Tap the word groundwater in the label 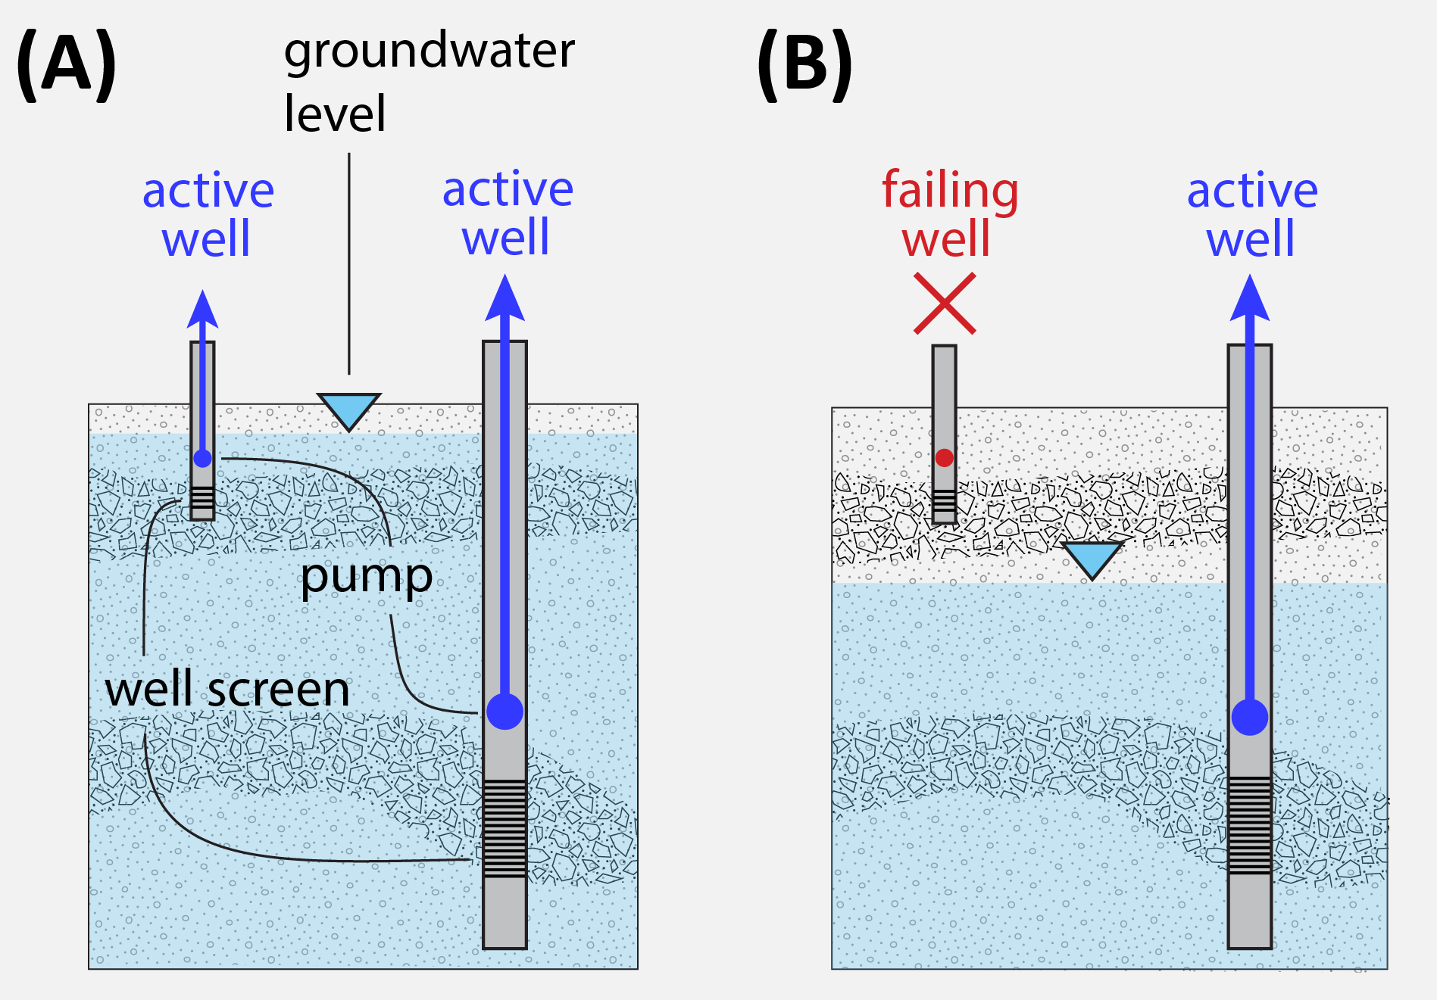pos(429,51)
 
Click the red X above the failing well pos(945,304)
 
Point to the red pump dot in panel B pos(944,457)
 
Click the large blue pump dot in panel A pos(505,711)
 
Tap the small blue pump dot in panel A pos(202,458)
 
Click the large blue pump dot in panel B pos(1249,717)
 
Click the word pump pos(366,578)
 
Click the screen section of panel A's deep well pos(505,828)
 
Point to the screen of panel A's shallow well pos(202,499)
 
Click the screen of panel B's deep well pos(1249,824)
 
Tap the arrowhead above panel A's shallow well pos(202,309)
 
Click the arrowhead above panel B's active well pos(1250,299)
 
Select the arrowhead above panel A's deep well pos(505,299)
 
